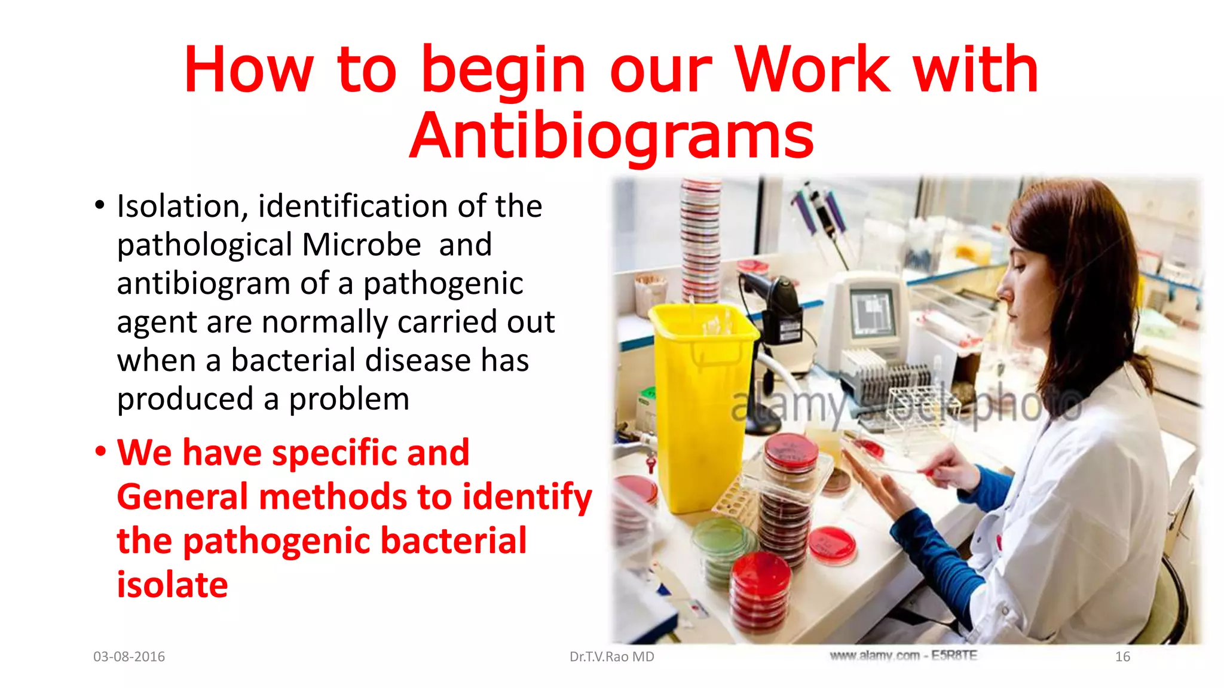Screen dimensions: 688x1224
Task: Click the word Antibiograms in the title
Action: [x=611, y=136]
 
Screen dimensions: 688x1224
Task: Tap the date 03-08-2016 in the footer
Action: [x=129, y=656]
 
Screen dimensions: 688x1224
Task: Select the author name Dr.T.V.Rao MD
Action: [x=611, y=656]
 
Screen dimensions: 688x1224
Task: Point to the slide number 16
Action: [x=1122, y=656]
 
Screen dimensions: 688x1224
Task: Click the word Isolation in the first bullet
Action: [x=178, y=207]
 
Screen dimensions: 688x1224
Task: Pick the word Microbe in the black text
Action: [x=362, y=245]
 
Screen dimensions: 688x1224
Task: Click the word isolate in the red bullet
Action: [x=172, y=584]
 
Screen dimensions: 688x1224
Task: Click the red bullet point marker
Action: [x=100, y=451]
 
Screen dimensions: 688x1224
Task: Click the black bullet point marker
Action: [x=100, y=205]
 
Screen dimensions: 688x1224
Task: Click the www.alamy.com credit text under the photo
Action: [x=903, y=655]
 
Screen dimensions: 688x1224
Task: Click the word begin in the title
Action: [x=503, y=70]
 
